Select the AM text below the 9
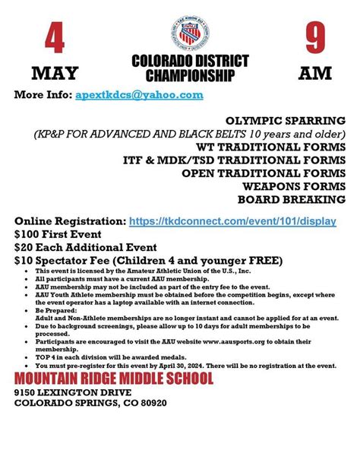pyautogui.click(x=314, y=74)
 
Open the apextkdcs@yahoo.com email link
pyautogui.click(x=139, y=95)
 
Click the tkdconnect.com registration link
pyautogui.click(x=232, y=220)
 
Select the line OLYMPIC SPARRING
pyautogui.click(x=286, y=120)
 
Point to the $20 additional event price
pyautogui.click(x=25, y=247)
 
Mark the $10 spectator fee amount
pyautogui.click(x=25, y=260)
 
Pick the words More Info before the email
pyautogui.click(x=43, y=95)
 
